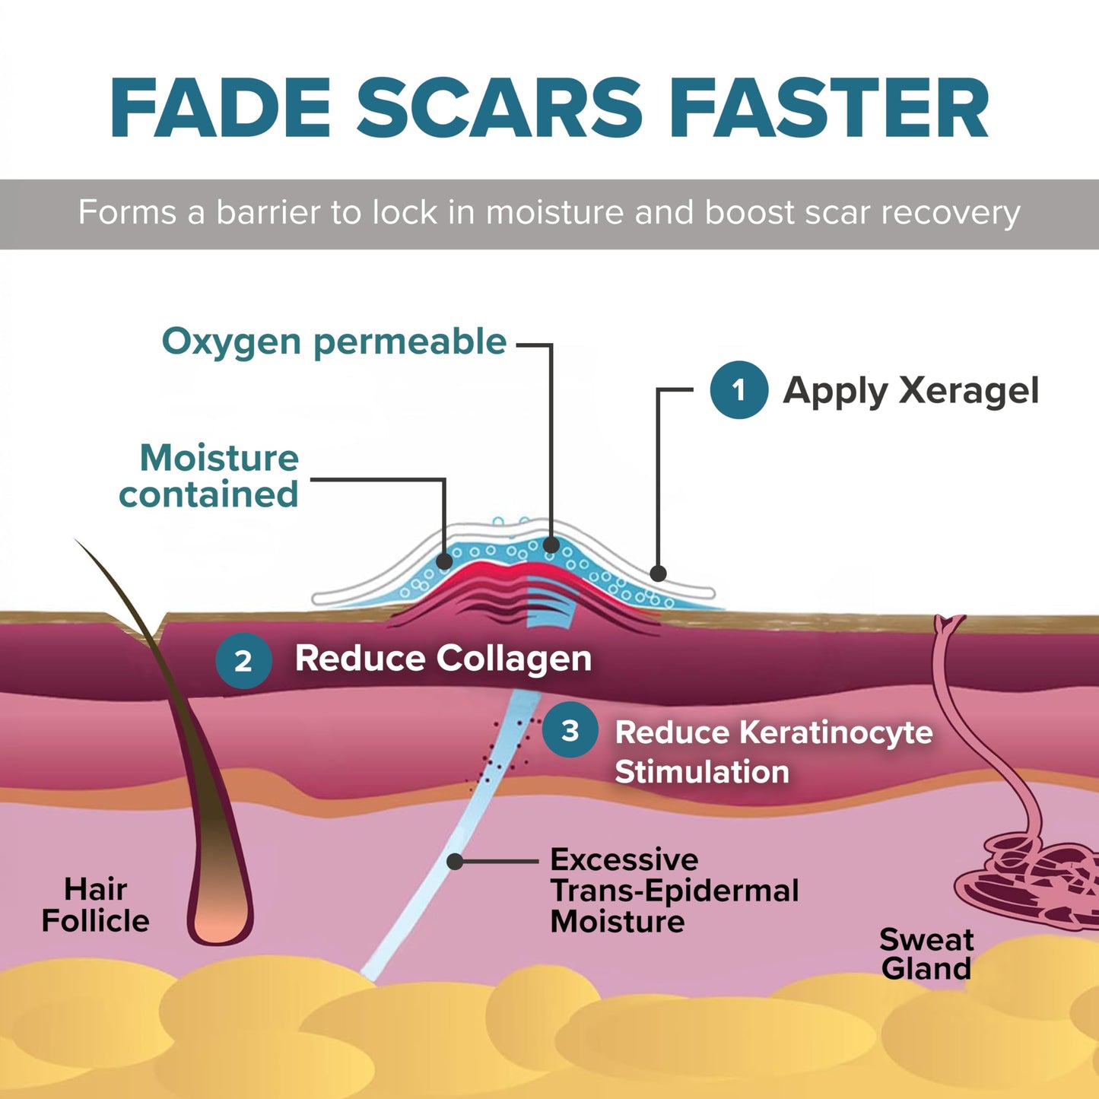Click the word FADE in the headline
[x=221, y=107]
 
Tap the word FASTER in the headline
[x=829, y=107]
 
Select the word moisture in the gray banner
[x=555, y=212]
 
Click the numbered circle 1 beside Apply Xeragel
[x=738, y=390]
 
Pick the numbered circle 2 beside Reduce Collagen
[x=243, y=660]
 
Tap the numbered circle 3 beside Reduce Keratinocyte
[x=570, y=730]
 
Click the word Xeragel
[x=968, y=391]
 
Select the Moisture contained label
[x=208, y=475]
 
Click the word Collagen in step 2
[x=514, y=659]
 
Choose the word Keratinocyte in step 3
[x=774, y=732]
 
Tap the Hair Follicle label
[x=95, y=905]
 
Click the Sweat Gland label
[x=926, y=954]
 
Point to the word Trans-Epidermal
[x=675, y=891]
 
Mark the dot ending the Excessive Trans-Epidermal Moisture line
[x=455, y=861]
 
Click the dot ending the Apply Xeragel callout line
[x=658, y=573]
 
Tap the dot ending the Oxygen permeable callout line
[x=551, y=545]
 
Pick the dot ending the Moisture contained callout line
[x=444, y=562]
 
